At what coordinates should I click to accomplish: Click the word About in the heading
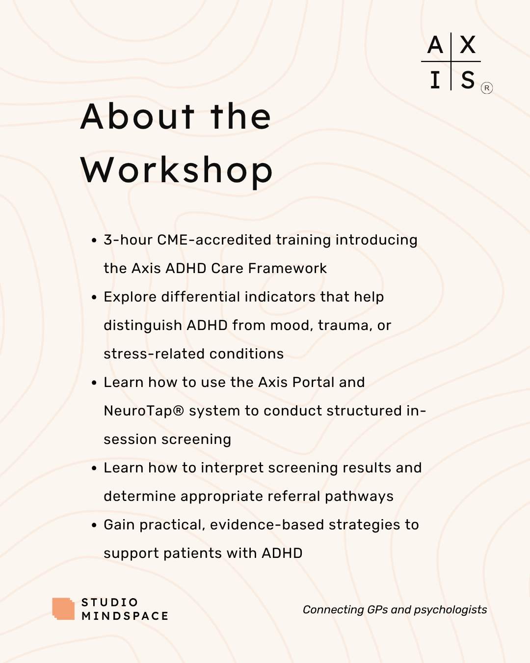pos(138,117)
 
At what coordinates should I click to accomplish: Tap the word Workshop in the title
pos(177,171)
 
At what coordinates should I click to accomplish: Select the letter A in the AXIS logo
pos(435,45)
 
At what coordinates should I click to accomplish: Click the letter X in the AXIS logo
pos(468,45)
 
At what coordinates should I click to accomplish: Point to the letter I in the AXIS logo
pos(435,80)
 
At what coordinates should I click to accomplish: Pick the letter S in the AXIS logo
pos(468,80)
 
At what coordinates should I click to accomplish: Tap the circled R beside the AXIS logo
pos(487,88)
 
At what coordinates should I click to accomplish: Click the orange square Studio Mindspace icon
pos(63,609)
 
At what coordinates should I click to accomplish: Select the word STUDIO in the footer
pos(110,603)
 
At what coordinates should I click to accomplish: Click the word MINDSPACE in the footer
pos(125,616)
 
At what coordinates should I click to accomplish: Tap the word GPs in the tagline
pos(377,610)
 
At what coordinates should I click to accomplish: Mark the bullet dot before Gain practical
pos(94,525)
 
